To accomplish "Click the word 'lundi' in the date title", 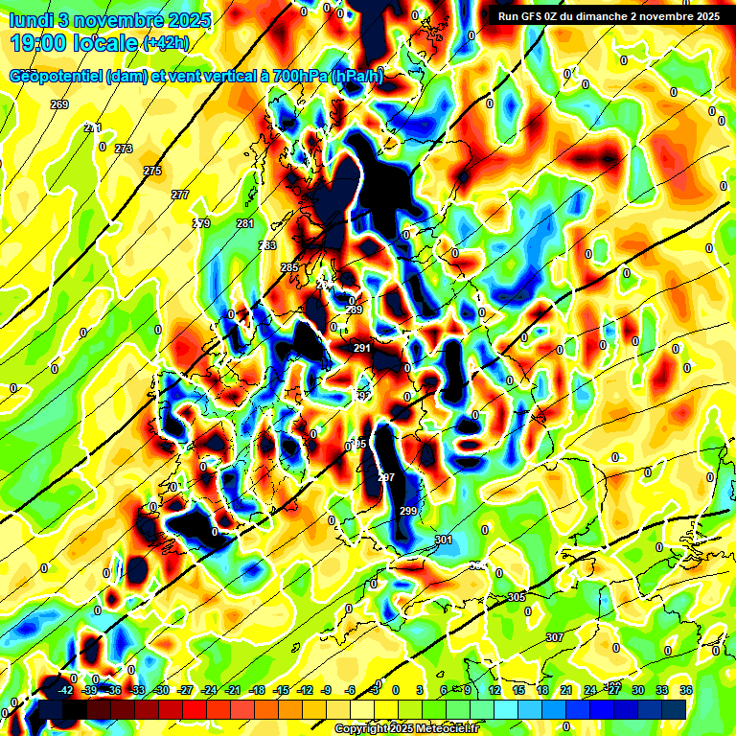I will [x=34, y=19].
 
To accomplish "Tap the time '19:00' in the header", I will [x=38, y=43].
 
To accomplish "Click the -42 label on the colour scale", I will [x=66, y=690].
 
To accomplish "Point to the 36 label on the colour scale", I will [x=686, y=690].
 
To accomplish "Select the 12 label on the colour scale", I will [x=494, y=690].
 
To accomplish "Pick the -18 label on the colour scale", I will [x=257, y=690].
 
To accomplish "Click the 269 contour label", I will [x=59, y=104].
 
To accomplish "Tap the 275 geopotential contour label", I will [x=153, y=171].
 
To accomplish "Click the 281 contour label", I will [x=245, y=223].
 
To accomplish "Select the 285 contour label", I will [x=289, y=267].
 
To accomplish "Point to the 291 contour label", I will [x=362, y=348].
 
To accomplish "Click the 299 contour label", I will [x=408, y=511].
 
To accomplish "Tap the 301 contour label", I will [x=444, y=540].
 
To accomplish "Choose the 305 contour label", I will [x=517, y=597].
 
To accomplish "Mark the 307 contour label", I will [x=554, y=637].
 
